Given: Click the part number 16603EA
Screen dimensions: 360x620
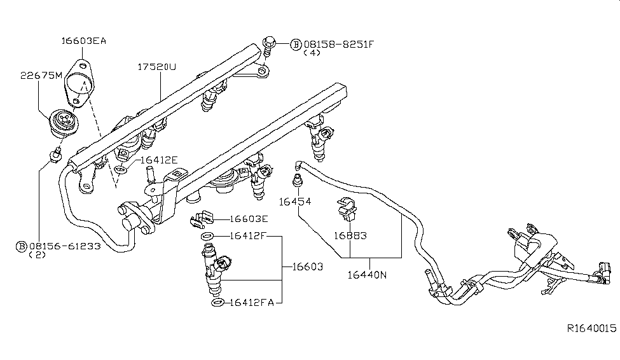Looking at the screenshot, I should tap(83, 41).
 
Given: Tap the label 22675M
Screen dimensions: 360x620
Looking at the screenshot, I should tap(41, 75).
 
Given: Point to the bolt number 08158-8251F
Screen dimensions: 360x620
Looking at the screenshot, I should tap(339, 44).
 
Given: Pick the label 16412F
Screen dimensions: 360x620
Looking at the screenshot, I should tap(247, 237).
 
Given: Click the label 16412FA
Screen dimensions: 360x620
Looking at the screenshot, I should tap(251, 302).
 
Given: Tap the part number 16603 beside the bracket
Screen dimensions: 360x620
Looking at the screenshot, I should tap(307, 267).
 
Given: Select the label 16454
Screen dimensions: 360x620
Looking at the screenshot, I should tap(294, 201).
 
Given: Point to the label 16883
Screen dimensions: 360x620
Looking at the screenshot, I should tap(350, 235).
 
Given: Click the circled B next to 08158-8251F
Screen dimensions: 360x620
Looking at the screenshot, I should tap(296, 44).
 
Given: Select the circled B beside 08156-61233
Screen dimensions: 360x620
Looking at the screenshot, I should tap(21, 246).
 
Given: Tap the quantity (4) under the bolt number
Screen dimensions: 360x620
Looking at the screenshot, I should tap(312, 53).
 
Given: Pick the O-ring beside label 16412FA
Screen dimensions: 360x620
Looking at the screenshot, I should tap(217, 302).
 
